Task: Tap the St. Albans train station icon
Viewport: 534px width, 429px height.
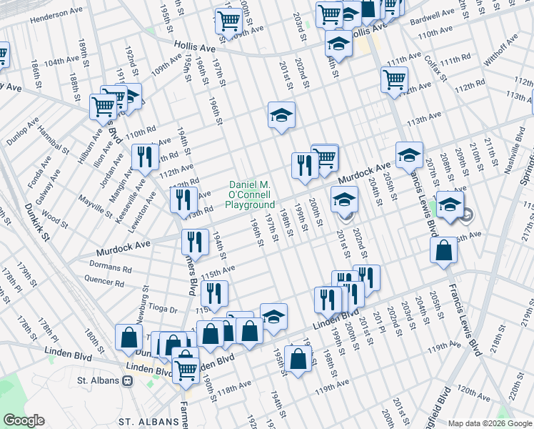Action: tap(129, 380)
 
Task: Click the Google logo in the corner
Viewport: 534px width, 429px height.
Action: tap(24, 421)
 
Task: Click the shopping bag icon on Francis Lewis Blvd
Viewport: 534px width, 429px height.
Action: tap(444, 252)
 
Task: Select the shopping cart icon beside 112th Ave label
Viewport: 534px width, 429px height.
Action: tap(394, 80)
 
